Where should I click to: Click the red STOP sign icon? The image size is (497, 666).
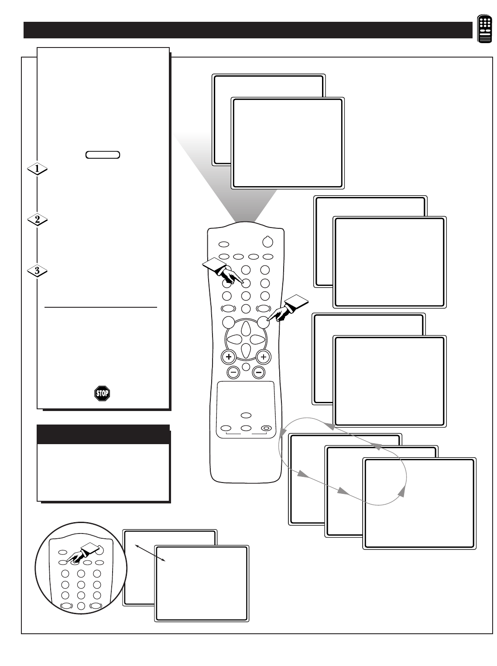pyautogui.click(x=102, y=394)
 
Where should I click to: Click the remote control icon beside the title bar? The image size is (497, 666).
pyautogui.click(x=484, y=30)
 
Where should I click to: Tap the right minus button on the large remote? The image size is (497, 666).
pyautogui.click(x=258, y=372)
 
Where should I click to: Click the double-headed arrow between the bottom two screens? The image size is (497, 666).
pyautogui.click(x=150, y=553)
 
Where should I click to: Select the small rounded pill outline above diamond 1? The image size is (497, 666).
pyautogui.click(x=103, y=155)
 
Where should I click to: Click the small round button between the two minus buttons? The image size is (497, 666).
pyautogui.click(x=246, y=367)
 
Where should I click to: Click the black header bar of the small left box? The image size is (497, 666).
pyautogui.click(x=103, y=434)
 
